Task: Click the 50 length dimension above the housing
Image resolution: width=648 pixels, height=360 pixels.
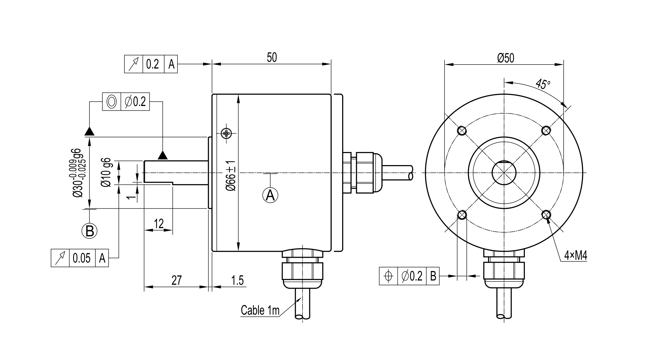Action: pyautogui.click(x=272, y=58)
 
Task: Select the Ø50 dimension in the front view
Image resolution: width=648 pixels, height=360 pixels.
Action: pyautogui.click(x=506, y=58)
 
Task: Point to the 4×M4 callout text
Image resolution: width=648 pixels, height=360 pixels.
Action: pyautogui.click(x=575, y=256)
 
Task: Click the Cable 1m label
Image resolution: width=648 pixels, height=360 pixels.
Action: pyautogui.click(x=260, y=310)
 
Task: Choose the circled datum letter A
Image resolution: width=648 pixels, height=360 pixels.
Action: pyautogui.click(x=270, y=195)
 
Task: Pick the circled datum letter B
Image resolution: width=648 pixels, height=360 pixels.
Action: pyautogui.click(x=90, y=231)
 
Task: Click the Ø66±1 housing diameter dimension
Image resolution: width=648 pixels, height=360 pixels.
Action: pyautogui.click(x=231, y=176)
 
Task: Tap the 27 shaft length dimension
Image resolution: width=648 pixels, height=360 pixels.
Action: pyautogui.click(x=176, y=280)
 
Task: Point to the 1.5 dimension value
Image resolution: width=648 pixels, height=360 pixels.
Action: pyautogui.click(x=237, y=280)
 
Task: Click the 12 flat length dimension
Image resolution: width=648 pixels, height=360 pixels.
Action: pyautogui.click(x=159, y=224)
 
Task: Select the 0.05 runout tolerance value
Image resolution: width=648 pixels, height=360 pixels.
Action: pyautogui.click(x=82, y=258)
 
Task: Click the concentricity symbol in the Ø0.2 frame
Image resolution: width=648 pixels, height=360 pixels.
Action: pyautogui.click(x=112, y=101)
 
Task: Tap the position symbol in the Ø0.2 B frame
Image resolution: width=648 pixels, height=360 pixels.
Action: pyautogui.click(x=388, y=276)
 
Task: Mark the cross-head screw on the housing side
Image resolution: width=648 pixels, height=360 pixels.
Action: pyautogui.click(x=226, y=133)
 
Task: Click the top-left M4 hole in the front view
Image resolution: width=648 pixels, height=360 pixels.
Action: pyautogui.click(x=462, y=131)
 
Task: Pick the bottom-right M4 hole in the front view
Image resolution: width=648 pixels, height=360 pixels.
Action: pyautogui.click(x=546, y=215)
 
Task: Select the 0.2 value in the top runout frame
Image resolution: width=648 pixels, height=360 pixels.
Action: pyautogui.click(x=153, y=64)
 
